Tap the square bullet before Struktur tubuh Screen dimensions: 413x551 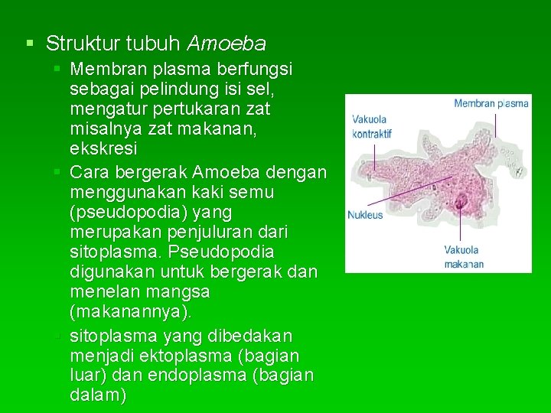[x=29, y=43]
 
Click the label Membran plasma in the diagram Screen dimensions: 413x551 [x=491, y=103]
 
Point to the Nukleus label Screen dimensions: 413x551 [x=365, y=215]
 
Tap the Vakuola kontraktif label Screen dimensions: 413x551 [x=371, y=126]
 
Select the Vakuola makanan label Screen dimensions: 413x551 [x=464, y=257]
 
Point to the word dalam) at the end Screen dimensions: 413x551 [x=99, y=395]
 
